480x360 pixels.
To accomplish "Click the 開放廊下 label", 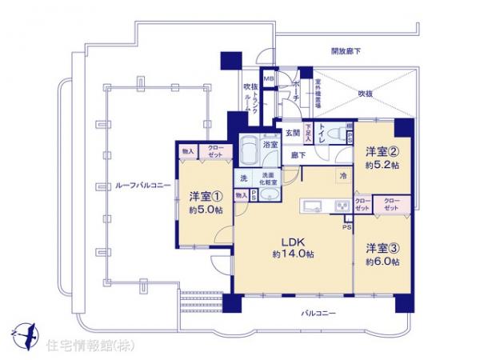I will click(346, 51).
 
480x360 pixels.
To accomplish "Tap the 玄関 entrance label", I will click(291, 133).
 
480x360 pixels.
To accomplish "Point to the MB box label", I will click(270, 78).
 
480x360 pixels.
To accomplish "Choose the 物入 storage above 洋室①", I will click(188, 150).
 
